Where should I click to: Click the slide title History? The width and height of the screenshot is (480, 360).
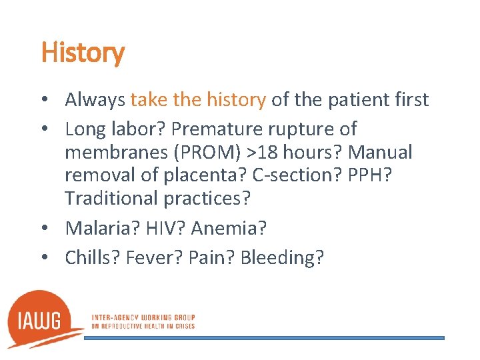pyautogui.click(x=83, y=53)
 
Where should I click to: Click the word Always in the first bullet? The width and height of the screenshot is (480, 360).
pyautogui.click(x=95, y=100)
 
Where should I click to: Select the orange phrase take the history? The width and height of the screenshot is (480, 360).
pyautogui.click(x=198, y=100)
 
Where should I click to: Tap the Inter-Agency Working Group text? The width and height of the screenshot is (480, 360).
pyautogui.click(x=143, y=321)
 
